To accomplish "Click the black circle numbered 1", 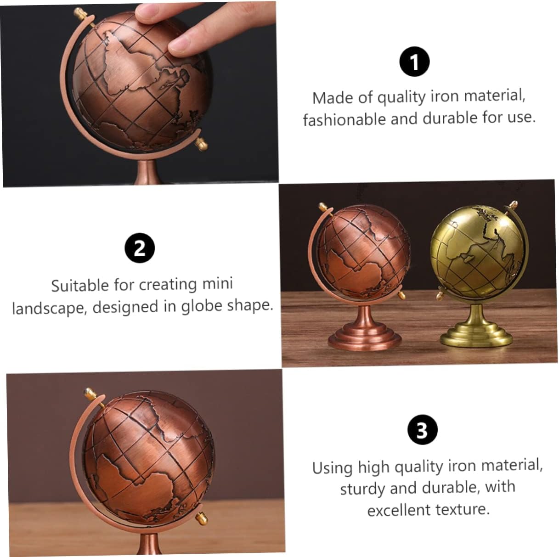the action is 414,62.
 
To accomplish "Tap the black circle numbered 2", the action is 140,248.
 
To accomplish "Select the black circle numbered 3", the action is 422,430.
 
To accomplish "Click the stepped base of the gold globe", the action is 476,338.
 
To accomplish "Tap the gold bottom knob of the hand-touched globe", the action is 201,144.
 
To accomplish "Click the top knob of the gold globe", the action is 513,204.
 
